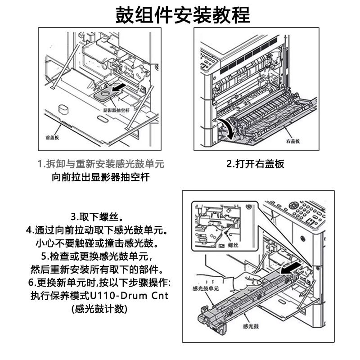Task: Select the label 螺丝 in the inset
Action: coord(233,245)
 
